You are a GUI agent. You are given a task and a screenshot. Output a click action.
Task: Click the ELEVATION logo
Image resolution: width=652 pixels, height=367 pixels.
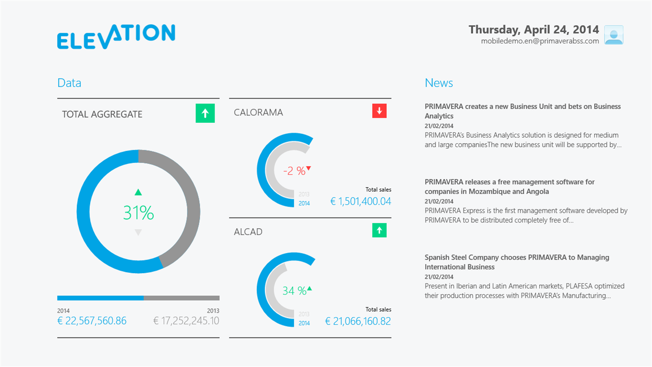pyautogui.click(x=116, y=36)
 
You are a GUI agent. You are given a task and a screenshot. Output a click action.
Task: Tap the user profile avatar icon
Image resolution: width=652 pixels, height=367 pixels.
pyautogui.click(x=614, y=35)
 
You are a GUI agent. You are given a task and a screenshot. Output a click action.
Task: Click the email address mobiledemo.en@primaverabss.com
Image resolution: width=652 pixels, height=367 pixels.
pyautogui.click(x=540, y=41)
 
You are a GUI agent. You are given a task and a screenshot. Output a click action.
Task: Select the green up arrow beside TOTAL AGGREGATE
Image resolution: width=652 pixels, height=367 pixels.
pyautogui.click(x=205, y=113)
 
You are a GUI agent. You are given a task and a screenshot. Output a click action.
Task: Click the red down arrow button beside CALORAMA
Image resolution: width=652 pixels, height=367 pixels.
pyautogui.click(x=379, y=111)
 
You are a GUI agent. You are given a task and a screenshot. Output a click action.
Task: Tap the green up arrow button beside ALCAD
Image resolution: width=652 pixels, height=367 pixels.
pyautogui.click(x=379, y=230)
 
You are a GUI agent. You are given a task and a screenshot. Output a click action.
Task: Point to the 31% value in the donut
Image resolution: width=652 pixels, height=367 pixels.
pyautogui.click(x=138, y=213)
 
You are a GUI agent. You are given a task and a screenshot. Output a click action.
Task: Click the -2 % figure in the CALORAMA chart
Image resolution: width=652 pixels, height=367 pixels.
pyautogui.click(x=294, y=171)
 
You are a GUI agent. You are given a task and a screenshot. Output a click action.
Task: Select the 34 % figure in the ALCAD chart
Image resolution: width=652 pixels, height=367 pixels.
pyautogui.click(x=294, y=290)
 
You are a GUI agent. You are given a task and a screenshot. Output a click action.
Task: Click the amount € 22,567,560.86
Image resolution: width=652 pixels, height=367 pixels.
pyautogui.click(x=92, y=321)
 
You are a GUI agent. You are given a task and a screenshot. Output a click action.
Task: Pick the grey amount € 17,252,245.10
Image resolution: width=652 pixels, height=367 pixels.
pyautogui.click(x=186, y=321)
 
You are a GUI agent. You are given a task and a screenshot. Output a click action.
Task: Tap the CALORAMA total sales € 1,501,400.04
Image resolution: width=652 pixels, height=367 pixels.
pyautogui.click(x=360, y=201)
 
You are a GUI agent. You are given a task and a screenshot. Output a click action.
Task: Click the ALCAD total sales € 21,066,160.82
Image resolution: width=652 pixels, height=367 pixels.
pyautogui.click(x=358, y=321)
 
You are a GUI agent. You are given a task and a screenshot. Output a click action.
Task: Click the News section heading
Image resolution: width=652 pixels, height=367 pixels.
pyautogui.click(x=439, y=83)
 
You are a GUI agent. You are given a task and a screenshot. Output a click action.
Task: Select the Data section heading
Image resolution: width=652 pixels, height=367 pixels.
pyautogui.click(x=69, y=83)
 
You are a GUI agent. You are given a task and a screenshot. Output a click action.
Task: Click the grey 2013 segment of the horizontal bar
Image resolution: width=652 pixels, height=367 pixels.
pyautogui.click(x=182, y=298)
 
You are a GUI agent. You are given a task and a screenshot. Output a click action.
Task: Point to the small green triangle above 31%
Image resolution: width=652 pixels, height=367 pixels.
pyautogui.click(x=138, y=193)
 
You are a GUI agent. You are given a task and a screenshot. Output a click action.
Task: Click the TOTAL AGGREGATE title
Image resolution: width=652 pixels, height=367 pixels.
pyautogui.click(x=102, y=114)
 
